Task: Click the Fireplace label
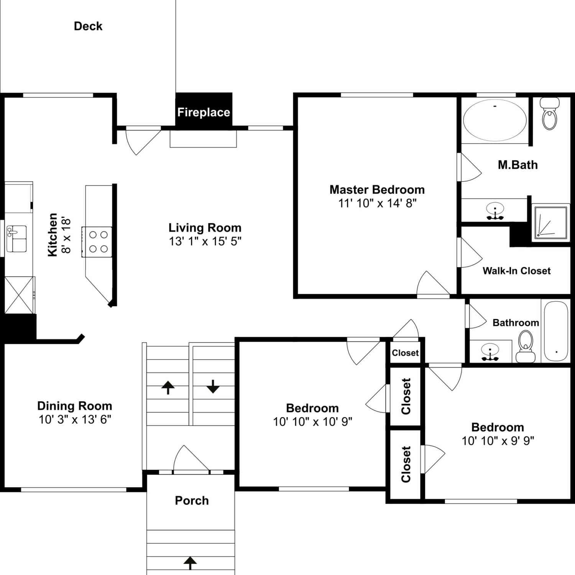click(204, 112)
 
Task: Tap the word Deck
click(88, 26)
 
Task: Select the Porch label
click(192, 500)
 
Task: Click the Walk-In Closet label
click(516, 271)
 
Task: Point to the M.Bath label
click(517, 165)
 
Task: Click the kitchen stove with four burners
click(97, 242)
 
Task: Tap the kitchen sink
click(16, 239)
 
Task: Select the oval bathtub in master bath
click(495, 120)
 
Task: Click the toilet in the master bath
click(550, 113)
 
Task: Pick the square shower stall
click(551, 222)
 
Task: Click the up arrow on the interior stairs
click(168, 387)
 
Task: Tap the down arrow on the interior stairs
click(213, 386)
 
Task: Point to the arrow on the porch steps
click(190, 563)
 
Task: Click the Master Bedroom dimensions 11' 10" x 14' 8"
click(377, 203)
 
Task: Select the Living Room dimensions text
click(205, 241)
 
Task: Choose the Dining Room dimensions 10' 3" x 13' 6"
click(75, 419)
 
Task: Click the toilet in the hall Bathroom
click(526, 347)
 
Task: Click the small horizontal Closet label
click(405, 353)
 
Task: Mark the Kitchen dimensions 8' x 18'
click(66, 235)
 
